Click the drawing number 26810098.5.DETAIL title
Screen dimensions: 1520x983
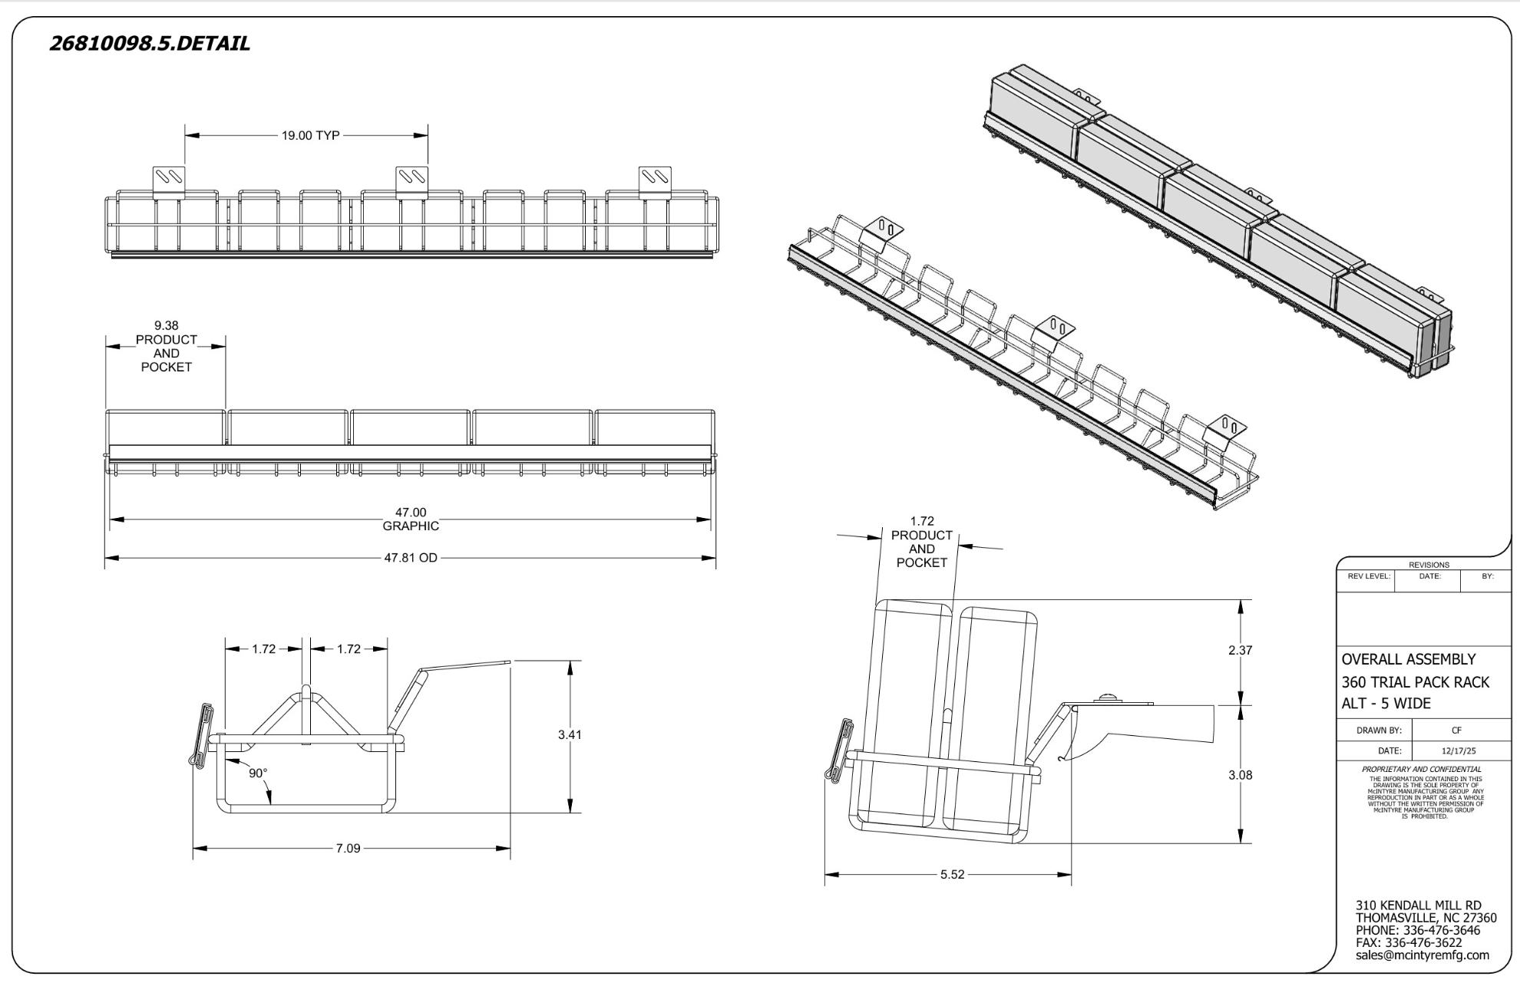coord(150,44)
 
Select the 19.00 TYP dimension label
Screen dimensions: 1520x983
coord(310,136)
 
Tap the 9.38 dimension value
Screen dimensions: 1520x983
coord(166,325)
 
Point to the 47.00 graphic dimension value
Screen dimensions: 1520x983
coord(411,513)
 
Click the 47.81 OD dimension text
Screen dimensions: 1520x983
coord(411,558)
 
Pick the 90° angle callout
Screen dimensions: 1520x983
coord(258,773)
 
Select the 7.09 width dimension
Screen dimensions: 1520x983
coord(348,849)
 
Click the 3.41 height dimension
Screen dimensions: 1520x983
coord(570,735)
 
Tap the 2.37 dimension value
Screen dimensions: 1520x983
coord(1240,651)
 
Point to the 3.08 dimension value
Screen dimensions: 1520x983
coord(1240,775)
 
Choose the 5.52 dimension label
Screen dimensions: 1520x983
coord(952,875)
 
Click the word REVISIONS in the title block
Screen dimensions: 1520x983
coord(1429,565)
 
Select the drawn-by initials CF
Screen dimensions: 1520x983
coord(1456,731)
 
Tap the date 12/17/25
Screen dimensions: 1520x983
coord(1459,751)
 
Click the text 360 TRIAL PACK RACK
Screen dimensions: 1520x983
coord(1415,682)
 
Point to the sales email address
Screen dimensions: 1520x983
coord(1422,955)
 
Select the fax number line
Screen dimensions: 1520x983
coord(1409,943)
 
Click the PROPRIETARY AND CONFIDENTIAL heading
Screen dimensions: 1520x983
coord(1422,769)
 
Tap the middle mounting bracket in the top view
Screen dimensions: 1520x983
coord(412,183)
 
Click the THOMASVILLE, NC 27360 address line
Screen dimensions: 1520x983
coord(1426,918)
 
